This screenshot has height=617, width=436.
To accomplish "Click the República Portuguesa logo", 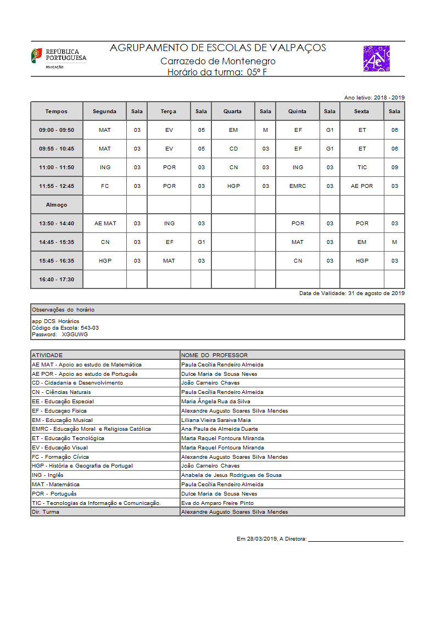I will [x=58, y=58].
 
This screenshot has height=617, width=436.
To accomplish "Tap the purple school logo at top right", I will [x=376, y=59].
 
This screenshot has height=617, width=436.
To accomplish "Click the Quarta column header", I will [x=232, y=112].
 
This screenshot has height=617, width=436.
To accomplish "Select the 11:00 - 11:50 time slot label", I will [x=57, y=168].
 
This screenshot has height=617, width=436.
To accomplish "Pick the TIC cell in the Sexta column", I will [x=362, y=168].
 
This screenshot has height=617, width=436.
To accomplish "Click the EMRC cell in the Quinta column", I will [x=298, y=186].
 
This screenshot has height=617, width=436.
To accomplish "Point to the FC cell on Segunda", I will [x=105, y=186].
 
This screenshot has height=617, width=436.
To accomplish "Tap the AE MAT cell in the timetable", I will [x=105, y=224].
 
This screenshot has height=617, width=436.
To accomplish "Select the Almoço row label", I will [x=57, y=205].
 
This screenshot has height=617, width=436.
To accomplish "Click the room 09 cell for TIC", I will [x=394, y=168].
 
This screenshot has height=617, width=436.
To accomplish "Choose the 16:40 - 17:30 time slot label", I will [x=57, y=280].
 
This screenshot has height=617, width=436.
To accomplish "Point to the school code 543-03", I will [x=90, y=327].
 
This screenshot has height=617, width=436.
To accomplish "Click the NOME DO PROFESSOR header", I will [x=214, y=355].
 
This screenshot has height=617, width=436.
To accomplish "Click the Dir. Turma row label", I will [x=46, y=512].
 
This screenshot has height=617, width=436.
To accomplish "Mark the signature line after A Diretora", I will [x=356, y=541].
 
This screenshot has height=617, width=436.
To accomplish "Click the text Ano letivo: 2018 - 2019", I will [x=374, y=97].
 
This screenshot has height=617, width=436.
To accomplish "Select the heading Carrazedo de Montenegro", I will [x=218, y=61].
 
